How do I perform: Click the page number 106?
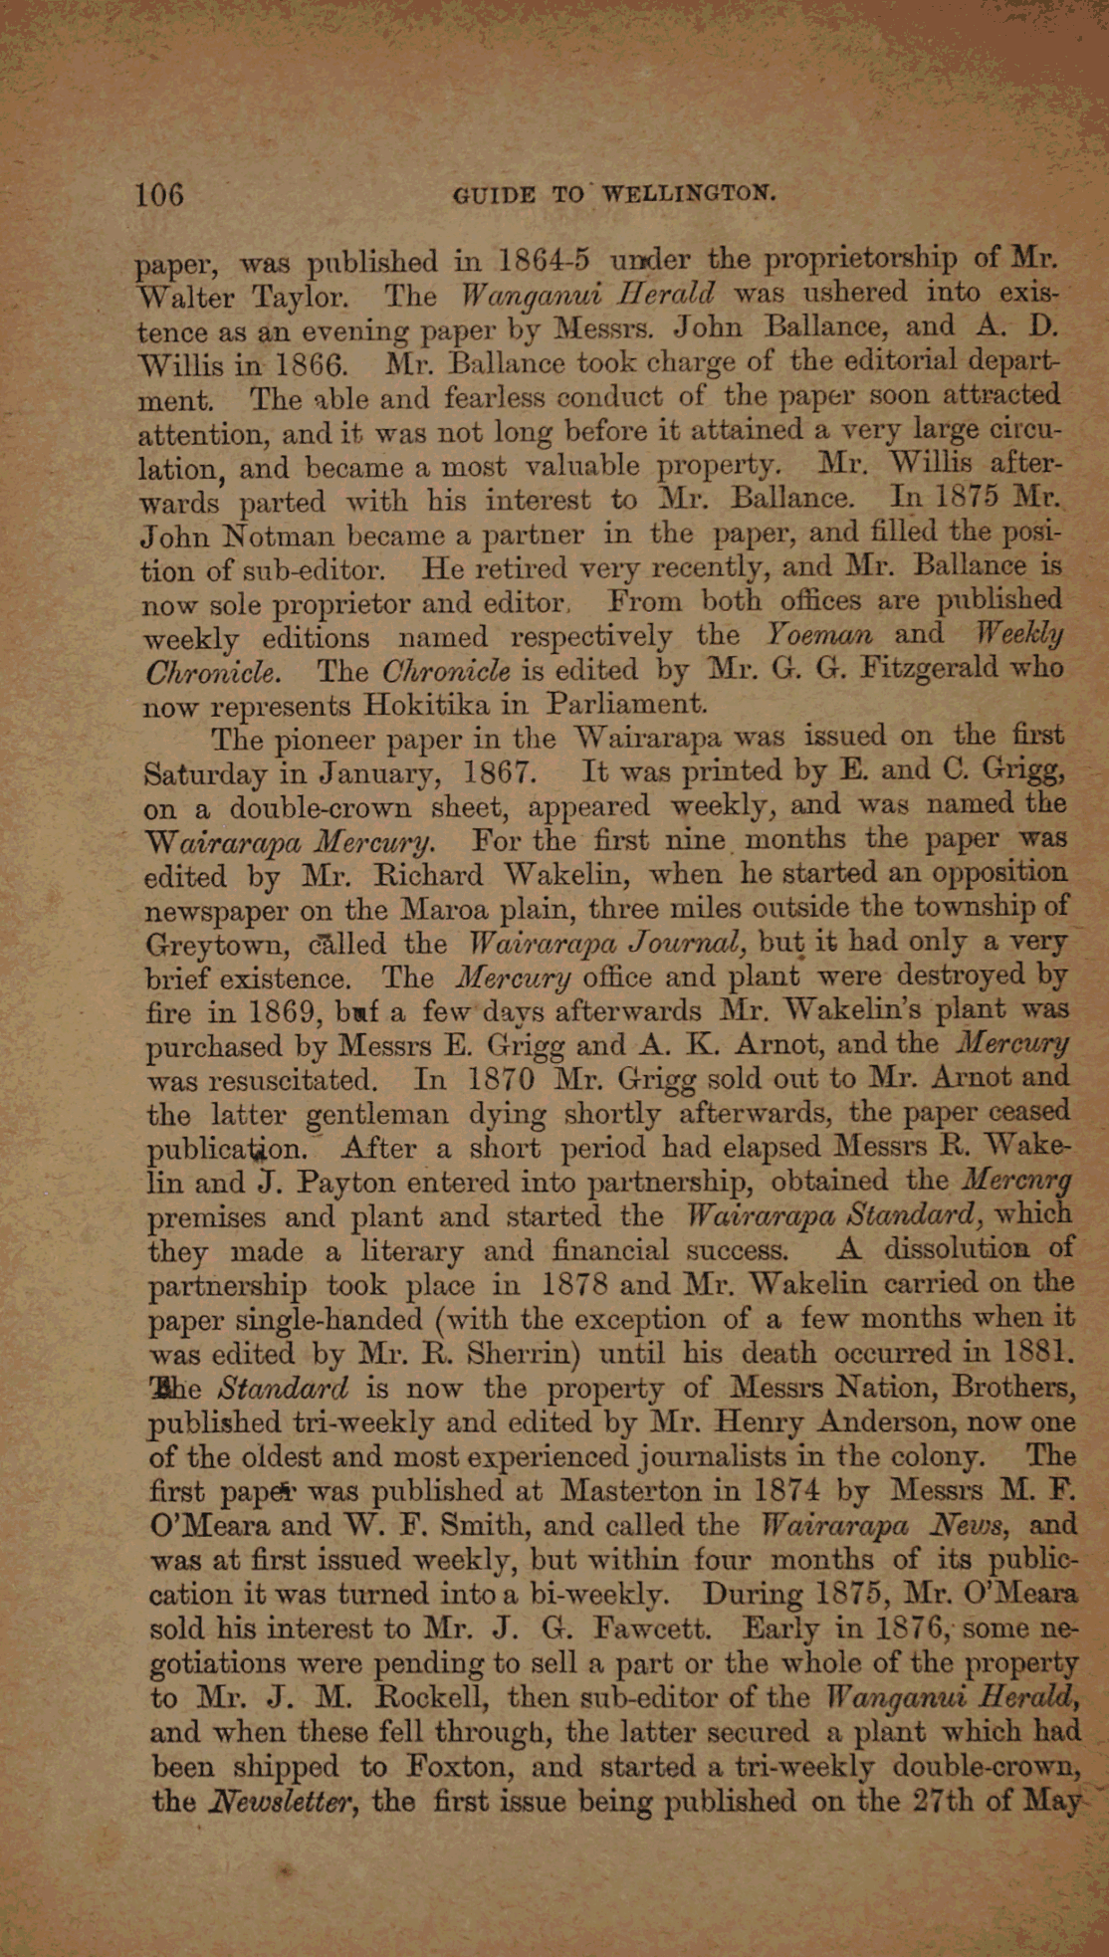pos(160,193)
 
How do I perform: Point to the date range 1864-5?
pos(545,262)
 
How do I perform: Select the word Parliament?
pos(628,704)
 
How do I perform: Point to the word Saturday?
pos(205,773)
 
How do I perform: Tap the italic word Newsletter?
pos(288,1802)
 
